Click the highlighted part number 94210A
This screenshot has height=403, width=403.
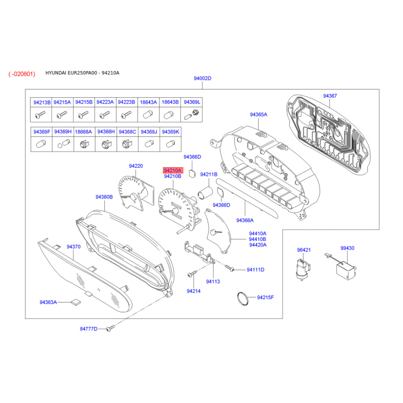[172, 171]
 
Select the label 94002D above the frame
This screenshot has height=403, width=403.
[203, 79]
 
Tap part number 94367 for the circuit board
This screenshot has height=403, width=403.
[330, 96]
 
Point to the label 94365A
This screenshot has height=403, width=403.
[258, 115]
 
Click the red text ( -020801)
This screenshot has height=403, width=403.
[22, 74]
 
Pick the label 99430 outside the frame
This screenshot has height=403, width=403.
[347, 248]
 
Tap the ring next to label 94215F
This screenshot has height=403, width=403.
[243, 298]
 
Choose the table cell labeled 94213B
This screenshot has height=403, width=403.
[42, 102]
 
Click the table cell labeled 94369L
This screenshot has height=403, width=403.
[191, 102]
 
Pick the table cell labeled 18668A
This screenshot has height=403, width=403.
[83, 132]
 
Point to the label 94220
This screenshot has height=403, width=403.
[136, 166]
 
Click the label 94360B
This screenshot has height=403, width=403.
[104, 197]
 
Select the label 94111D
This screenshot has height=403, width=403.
[255, 270]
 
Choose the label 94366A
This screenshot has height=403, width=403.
[245, 220]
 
